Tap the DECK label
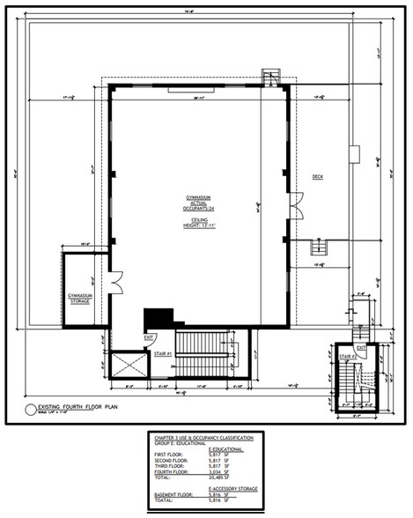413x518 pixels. (318, 176)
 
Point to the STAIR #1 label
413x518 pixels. (160, 353)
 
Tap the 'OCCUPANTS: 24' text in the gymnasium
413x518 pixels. (199, 206)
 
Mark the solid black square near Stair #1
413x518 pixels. (159, 317)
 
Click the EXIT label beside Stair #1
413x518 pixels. (151, 337)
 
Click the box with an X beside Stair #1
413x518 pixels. (129, 365)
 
